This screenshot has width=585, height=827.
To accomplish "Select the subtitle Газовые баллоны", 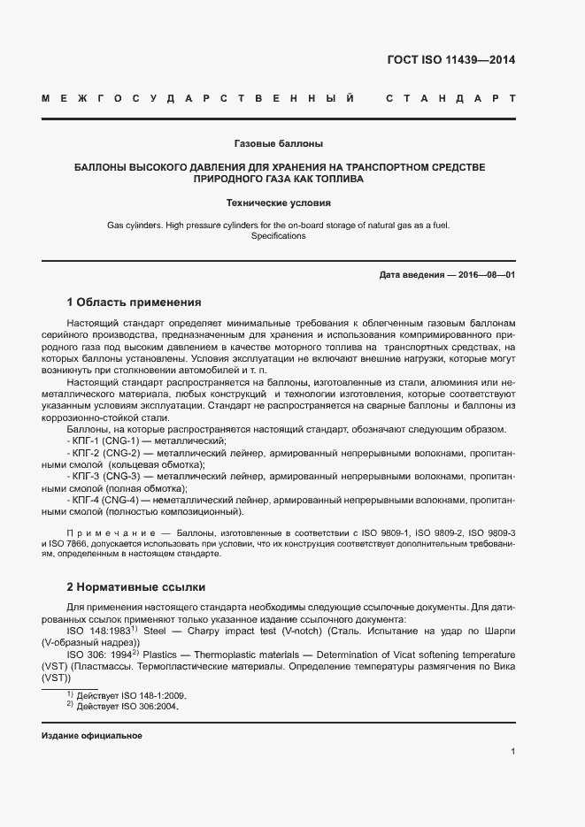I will [x=279, y=142].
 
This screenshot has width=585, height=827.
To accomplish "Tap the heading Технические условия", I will [x=279, y=202].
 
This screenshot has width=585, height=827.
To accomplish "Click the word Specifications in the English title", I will [x=279, y=236].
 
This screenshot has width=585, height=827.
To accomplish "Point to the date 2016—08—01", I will [x=482, y=275].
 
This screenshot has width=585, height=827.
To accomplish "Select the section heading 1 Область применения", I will [x=135, y=302].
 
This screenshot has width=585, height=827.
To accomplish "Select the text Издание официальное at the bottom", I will [x=92, y=736].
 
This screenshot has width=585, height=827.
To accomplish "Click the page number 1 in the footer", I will [x=513, y=751].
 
